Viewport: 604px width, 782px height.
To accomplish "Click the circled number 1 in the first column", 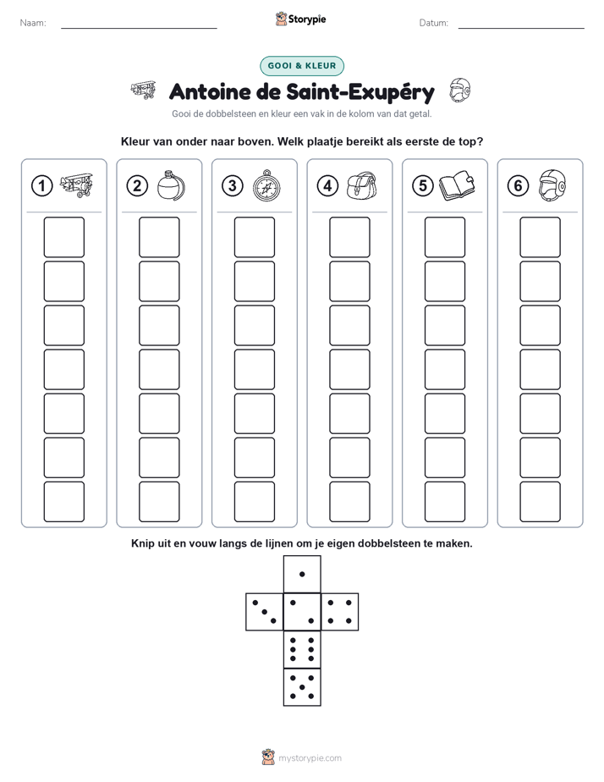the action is click(41, 186).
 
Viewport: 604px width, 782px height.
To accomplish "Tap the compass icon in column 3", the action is click(266, 185).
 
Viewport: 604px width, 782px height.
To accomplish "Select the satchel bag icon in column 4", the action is click(362, 185).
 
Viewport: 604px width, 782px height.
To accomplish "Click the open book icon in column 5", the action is click(457, 186).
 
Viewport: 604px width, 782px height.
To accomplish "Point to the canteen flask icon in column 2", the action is click(172, 185).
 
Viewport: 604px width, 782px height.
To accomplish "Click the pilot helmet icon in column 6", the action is click(552, 185).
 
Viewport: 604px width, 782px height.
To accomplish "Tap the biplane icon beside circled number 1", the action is click(76, 185).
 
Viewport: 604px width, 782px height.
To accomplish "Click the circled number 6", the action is click(519, 186).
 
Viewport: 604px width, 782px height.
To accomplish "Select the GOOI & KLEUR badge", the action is click(302, 66).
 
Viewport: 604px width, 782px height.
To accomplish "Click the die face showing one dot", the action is click(302, 574).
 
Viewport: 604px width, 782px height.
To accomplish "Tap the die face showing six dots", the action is click(302, 649).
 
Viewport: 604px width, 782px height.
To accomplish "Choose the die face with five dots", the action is click(302, 687).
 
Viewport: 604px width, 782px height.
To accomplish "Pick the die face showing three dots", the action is click(265, 612).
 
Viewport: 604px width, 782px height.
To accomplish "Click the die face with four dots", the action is click(340, 612).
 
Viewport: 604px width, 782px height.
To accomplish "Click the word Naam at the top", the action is click(33, 23).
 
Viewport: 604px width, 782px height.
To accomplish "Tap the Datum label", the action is click(434, 23).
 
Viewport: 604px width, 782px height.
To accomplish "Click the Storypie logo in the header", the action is click(300, 19).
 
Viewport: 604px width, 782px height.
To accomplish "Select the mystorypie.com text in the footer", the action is click(310, 758).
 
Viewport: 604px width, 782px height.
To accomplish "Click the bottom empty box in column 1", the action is click(63, 502).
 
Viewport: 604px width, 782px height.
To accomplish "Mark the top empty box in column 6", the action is click(541, 237).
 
